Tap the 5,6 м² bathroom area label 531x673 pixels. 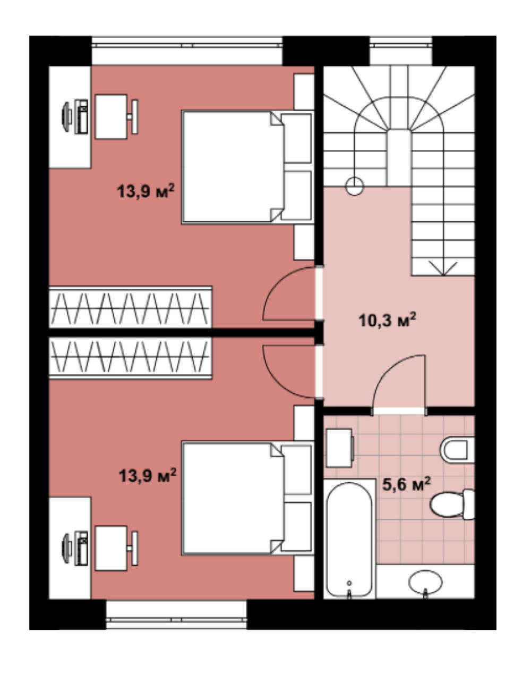tap(406, 484)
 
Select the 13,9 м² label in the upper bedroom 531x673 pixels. tap(145, 191)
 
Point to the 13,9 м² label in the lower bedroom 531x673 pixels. tap(148, 476)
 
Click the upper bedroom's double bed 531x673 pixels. tap(247, 167)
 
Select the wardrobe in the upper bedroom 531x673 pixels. tap(131, 307)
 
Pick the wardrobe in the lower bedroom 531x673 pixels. tap(131, 358)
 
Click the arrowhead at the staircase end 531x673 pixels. tap(443, 269)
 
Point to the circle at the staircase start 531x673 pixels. tap(355, 187)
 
